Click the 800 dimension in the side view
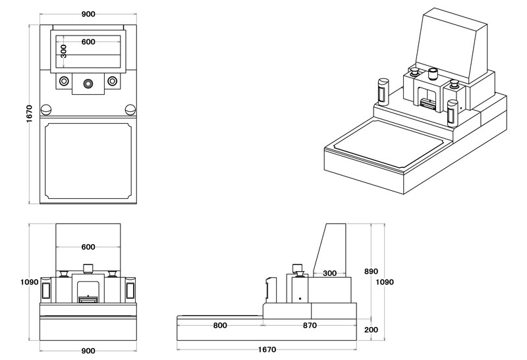[220, 325]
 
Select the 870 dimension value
[310, 325]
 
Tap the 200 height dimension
[372, 330]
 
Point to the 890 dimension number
[372, 271]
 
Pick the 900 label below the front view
[88, 351]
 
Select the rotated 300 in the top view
[63, 51]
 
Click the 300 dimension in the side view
[330, 272]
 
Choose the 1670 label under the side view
[267, 349]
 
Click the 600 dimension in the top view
[88, 41]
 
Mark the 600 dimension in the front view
[88, 247]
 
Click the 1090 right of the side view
[385, 282]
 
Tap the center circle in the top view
[88, 82]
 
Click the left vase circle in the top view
[64, 81]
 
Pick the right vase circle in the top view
[113, 81]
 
